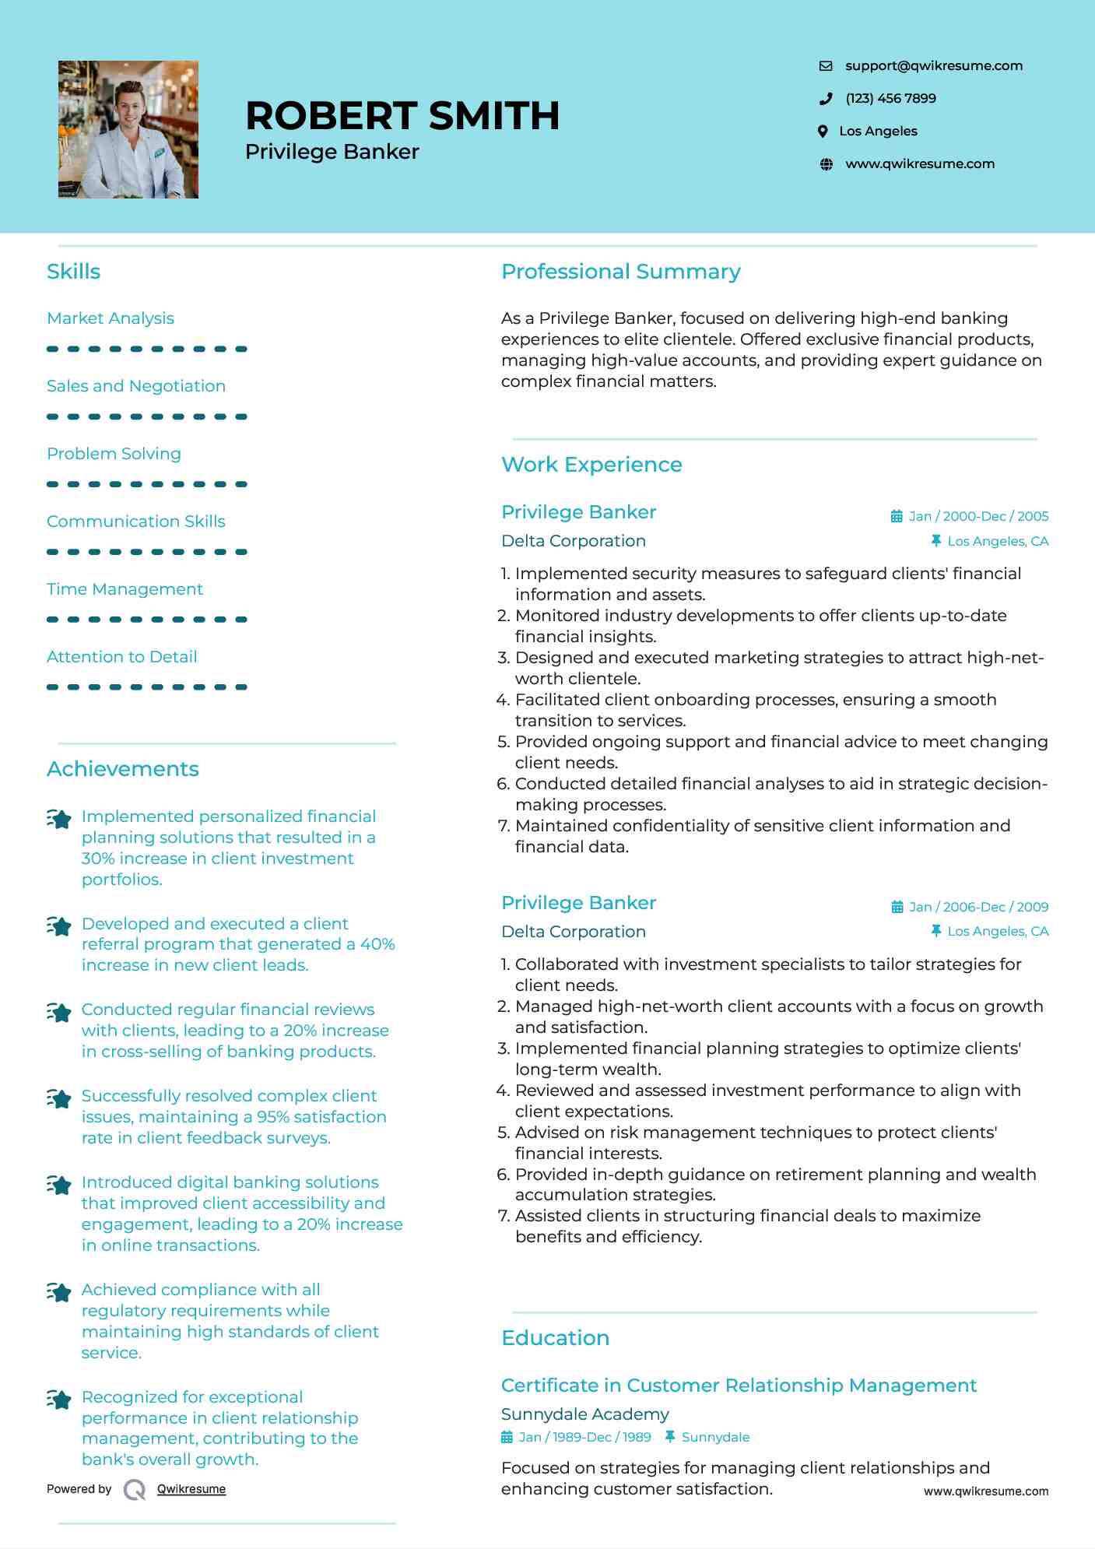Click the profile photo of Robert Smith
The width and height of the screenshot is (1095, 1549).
pyautogui.click(x=128, y=129)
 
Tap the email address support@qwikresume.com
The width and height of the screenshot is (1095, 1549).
pyautogui.click(x=933, y=66)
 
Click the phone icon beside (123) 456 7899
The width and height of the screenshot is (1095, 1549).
pyautogui.click(x=826, y=99)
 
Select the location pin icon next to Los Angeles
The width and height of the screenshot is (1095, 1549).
pyautogui.click(x=823, y=132)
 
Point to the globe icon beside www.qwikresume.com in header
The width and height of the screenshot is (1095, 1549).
pyautogui.click(x=827, y=164)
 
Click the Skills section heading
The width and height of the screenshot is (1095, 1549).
pyautogui.click(x=73, y=272)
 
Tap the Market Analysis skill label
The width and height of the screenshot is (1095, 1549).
pyautogui.click(x=111, y=318)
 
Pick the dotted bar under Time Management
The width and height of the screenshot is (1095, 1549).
pyautogui.click(x=146, y=620)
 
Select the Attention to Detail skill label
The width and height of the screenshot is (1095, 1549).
pyautogui.click(x=122, y=657)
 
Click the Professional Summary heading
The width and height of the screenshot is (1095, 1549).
pyautogui.click(x=620, y=272)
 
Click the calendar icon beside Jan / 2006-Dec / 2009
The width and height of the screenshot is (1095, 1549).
pyautogui.click(x=897, y=908)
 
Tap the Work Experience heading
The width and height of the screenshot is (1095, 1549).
pyautogui.click(x=591, y=465)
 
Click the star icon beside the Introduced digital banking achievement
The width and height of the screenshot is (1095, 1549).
pyautogui.click(x=59, y=1185)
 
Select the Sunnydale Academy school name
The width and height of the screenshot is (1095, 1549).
pyautogui.click(x=584, y=1414)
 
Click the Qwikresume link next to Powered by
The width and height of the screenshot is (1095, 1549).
pyautogui.click(x=191, y=1489)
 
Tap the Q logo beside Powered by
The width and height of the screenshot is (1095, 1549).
pyautogui.click(x=135, y=1490)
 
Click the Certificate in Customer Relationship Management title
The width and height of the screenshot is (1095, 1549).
pyautogui.click(x=739, y=1386)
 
